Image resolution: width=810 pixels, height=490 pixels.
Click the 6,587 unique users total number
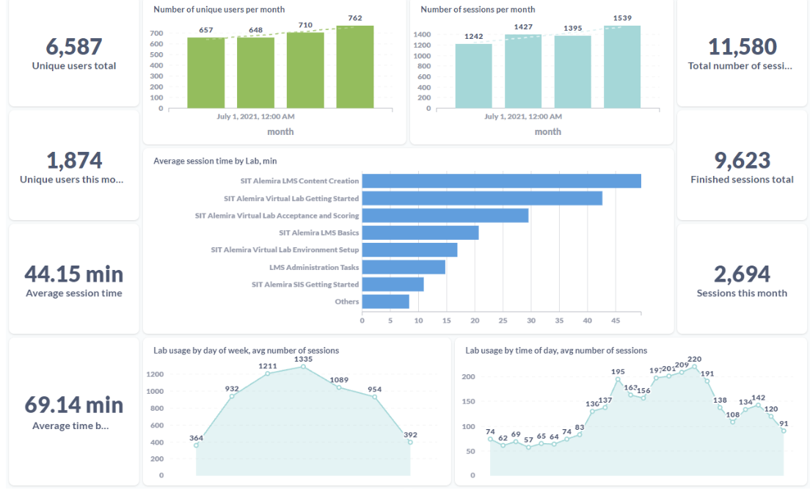pyautogui.click(x=73, y=47)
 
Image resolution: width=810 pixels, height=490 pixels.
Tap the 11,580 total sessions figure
pyautogui.click(x=742, y=47)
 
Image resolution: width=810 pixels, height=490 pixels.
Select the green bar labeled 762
pyautogui.click(x=355, y=67)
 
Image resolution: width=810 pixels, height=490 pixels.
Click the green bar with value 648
pyautogui.click(x=255, y=73)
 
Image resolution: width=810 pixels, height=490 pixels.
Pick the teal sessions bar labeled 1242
pyautogui.click(x=474, y=76)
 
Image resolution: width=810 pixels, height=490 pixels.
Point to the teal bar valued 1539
pyautogui.click(x=622, y=67)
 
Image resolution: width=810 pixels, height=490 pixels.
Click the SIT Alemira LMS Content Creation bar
pyautogui.click(x=501, y=181)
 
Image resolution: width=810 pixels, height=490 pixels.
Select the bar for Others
pyautogui.click(x=385, y=301)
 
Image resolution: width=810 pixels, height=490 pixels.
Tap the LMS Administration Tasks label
pyautogui.click(x=314, y=268)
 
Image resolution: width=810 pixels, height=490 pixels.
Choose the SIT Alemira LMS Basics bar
pyautogui.click(x=420, y=233)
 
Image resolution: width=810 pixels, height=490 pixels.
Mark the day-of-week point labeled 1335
pyautogui.click(x=303, y=366)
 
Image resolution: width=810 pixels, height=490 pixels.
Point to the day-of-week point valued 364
pyautogui.click(x=197, y=445)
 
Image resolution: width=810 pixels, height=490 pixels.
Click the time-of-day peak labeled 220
pyautogui.click(x=694, y=367)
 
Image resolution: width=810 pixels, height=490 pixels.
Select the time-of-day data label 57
pyautogui.click(x=528, y=439)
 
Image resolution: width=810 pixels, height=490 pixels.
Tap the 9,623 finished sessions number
pyautogui.click(x=742, y=161)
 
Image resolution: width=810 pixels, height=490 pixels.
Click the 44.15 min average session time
pyautogui.click(x=73, y=274)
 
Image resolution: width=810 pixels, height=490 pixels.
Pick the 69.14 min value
pyautogui.click(x=73, y=405)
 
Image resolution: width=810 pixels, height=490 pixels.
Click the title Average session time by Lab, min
pyautogui.click(x=215, y=161)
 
